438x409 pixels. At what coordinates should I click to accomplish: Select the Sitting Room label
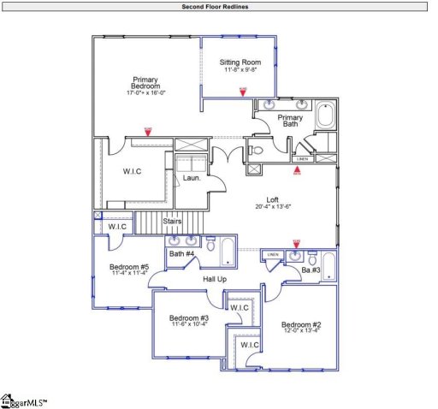click(240, 62)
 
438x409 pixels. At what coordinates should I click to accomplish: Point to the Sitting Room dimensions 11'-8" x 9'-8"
click(240, 70)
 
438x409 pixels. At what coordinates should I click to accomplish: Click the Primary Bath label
click(290, 121)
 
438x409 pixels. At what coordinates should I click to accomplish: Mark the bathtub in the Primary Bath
click(326, 116)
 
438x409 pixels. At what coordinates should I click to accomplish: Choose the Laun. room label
click(192, 178)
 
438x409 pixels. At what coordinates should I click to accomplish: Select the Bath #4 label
click(181, 254)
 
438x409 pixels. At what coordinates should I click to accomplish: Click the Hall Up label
click(215, 280)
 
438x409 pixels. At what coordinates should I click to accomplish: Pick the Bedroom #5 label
click(129, 267)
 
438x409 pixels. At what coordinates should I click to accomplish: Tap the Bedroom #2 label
click(301, 325)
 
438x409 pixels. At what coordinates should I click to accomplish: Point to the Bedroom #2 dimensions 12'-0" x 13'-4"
click(301, 333)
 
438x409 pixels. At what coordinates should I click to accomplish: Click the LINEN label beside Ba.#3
click(273, 255)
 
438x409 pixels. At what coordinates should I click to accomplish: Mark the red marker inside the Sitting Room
click(242, 90)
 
